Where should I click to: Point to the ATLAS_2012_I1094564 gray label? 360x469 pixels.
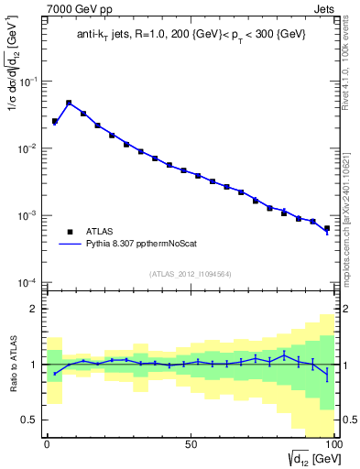tap(190, 273)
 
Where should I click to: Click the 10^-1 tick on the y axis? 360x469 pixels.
tap(27, 82)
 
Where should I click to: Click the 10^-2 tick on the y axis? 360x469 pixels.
tap(27, 148)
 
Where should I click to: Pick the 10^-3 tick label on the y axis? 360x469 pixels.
tap(27, 216)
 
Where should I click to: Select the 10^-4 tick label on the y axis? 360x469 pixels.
tap(27, 282)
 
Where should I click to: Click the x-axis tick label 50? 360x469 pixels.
tap(190, 442)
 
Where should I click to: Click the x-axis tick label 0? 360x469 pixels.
tap(46, 442)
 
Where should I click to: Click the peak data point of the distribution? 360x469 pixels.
tap(69, 104)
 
